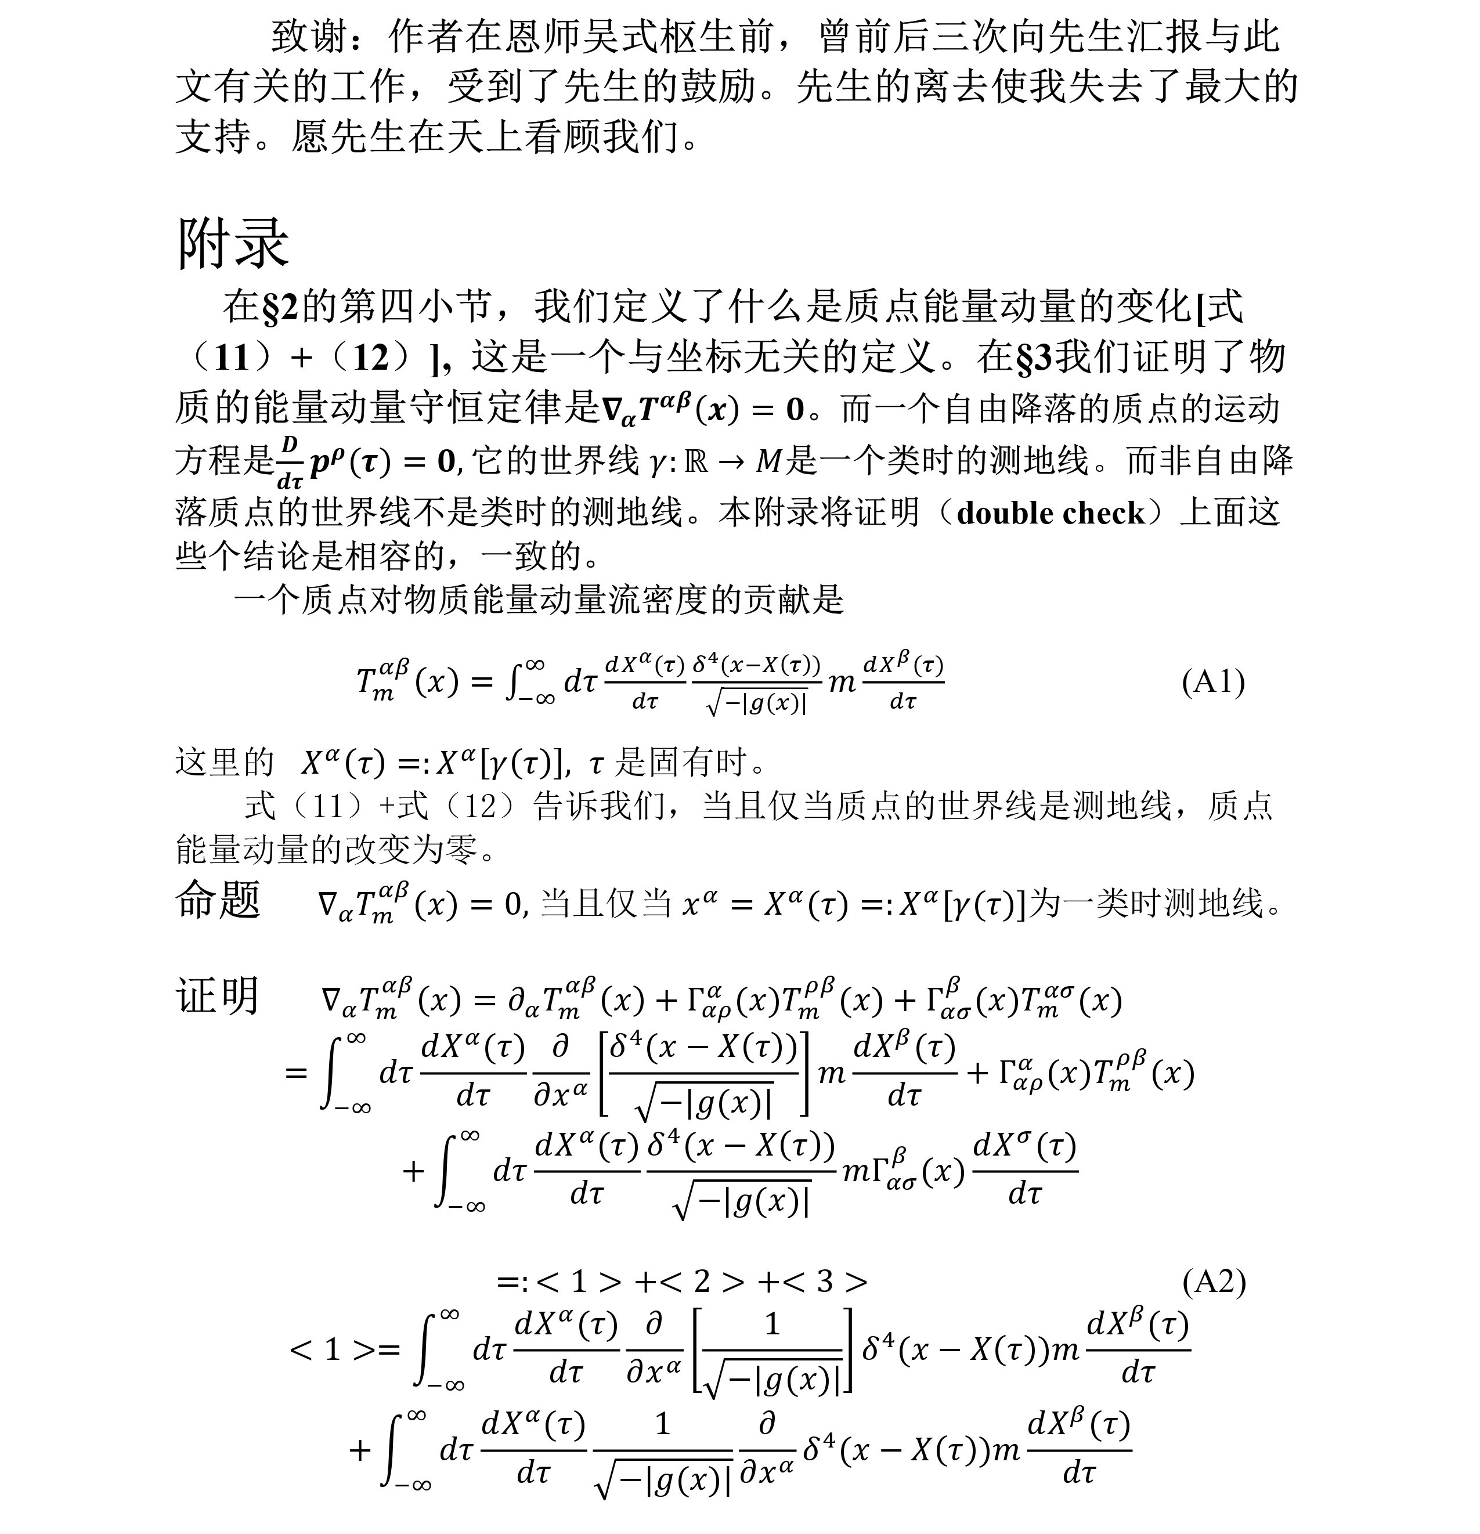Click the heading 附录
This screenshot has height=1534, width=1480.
(x=233, y=243)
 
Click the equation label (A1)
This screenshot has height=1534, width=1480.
(x=1212, y=682)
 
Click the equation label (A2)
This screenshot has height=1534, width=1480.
(x=1213, y=1281)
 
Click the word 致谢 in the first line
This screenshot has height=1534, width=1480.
(x=310, y=37)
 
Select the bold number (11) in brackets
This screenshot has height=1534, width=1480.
(x=232, y=358)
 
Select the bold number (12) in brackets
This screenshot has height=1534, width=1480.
(x=371, y=358)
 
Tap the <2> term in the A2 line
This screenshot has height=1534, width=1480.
(x=701, y=1281)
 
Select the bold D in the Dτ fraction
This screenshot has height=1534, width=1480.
(x=290, y=445)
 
